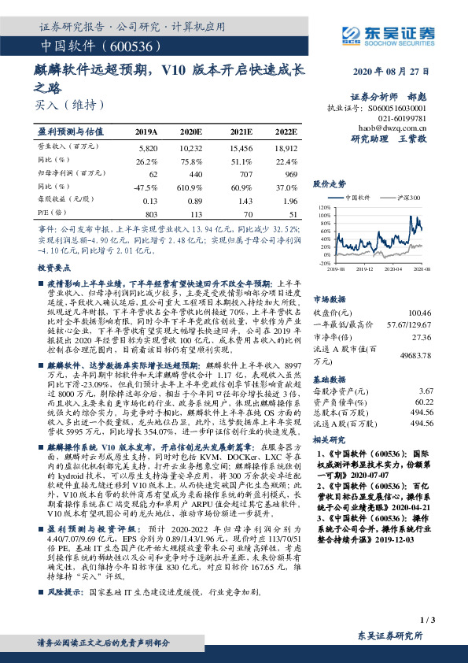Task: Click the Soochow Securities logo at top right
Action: [380, 34]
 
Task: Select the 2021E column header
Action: [241, 131]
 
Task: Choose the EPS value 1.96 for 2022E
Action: [289, 200]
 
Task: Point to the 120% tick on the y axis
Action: [324, 208]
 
